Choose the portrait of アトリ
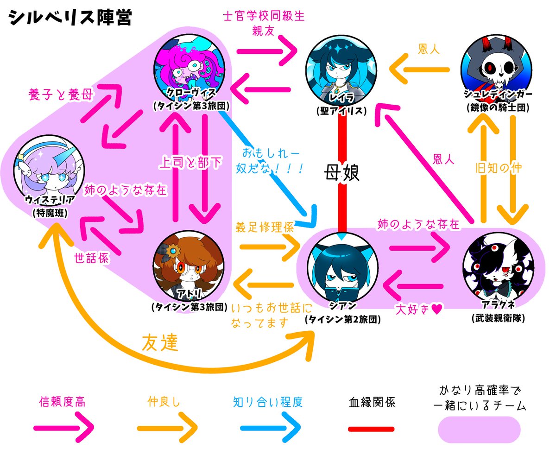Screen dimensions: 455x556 190,266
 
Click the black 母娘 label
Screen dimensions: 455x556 342,174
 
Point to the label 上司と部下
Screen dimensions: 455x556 190,164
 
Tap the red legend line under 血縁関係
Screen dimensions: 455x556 371,429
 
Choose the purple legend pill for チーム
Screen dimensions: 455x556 479,430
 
